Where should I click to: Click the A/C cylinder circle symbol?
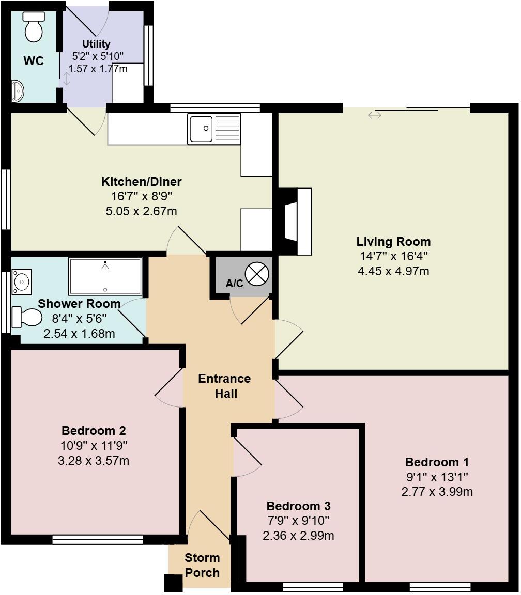tap(257, 274)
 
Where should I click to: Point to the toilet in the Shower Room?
tap(27, 317)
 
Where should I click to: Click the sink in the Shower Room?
tap(22, 281)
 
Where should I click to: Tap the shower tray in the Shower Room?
tap(105, 276)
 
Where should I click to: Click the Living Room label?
tap(393, 242)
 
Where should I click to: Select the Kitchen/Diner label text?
tap(141, 182)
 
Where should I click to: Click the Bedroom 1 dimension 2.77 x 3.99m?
tap(437, 492)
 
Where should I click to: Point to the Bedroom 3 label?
tap(298, 506)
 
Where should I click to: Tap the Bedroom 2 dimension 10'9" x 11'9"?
tap(94, 445)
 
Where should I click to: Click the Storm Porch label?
tap(202, 565)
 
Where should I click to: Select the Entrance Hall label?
tap(224, 386)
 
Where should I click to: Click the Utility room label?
tap(96, 44)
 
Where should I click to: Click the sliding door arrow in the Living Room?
tap(375, 115)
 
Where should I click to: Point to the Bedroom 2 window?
tap(98, 540)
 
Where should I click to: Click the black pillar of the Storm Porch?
tap(173, 583)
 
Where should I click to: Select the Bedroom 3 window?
tap(313, 587)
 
